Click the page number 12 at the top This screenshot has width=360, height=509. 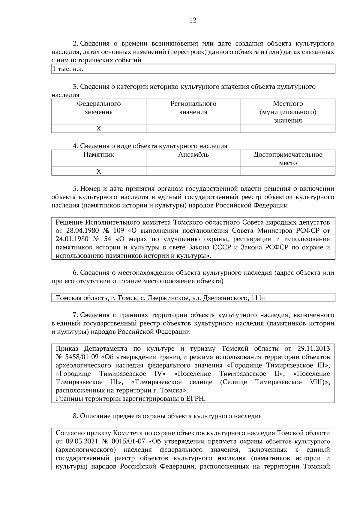coord(193,20)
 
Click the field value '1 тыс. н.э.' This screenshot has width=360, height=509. coord(68,69)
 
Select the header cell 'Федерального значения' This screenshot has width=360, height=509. coord(99,108)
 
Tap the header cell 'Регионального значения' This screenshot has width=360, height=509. coord(193,108)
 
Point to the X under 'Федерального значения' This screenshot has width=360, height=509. coord(99,129)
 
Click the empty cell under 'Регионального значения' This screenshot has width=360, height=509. coord(193,129)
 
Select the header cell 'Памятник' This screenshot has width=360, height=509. coord(99,155)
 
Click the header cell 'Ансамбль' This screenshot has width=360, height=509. coord(193,155)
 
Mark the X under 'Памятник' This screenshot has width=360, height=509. coord(99,171)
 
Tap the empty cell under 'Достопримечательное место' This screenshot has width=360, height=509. coord(288,171)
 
